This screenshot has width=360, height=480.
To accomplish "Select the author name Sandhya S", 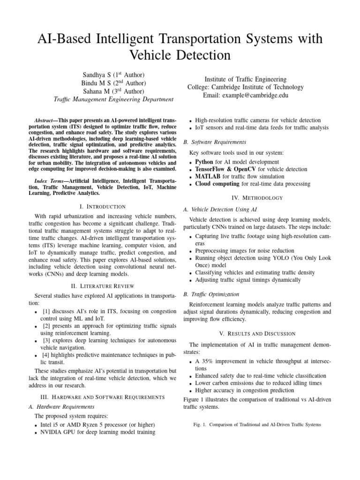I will (96, 75).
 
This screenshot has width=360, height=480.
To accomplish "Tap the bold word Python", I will (204, 162).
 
